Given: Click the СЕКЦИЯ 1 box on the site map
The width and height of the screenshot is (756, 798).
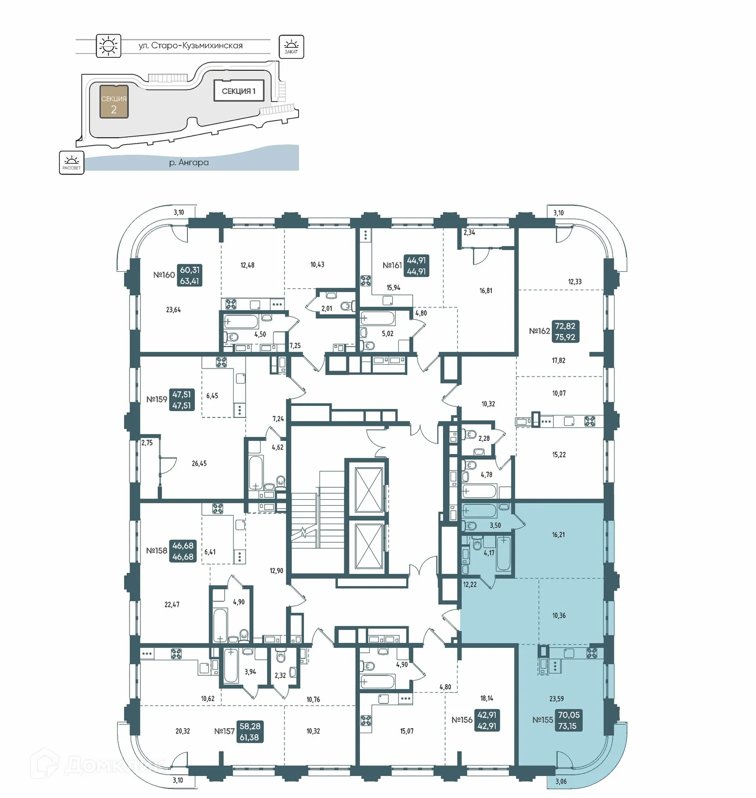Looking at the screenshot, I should point(238,91).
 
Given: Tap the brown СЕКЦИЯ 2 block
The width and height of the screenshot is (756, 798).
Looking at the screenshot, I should point(114,102).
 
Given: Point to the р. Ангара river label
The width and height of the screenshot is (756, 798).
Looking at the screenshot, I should point(188,163).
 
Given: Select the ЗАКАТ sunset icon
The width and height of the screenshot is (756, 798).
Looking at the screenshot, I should point(291,47).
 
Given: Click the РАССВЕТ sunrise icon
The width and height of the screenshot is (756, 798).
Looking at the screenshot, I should point(72,162).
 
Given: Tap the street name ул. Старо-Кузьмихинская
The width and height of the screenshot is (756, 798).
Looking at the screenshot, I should point(190,46).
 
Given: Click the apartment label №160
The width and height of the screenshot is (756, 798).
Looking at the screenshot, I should point(163,275).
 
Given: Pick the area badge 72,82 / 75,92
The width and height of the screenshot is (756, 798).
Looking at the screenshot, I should point(565,332).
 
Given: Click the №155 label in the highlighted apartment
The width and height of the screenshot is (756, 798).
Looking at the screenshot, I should point(542,720).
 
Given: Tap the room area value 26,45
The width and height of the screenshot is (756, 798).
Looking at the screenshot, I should point(199,463).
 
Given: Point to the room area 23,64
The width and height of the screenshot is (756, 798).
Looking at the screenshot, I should point(173,310).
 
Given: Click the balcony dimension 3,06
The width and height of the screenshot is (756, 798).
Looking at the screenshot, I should point(561,782).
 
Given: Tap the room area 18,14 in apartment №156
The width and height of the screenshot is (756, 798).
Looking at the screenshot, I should point(486,698).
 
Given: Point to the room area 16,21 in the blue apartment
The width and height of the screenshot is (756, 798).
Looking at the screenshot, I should point(558,535).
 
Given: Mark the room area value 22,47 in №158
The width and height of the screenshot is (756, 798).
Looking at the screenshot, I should point(171,604).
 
